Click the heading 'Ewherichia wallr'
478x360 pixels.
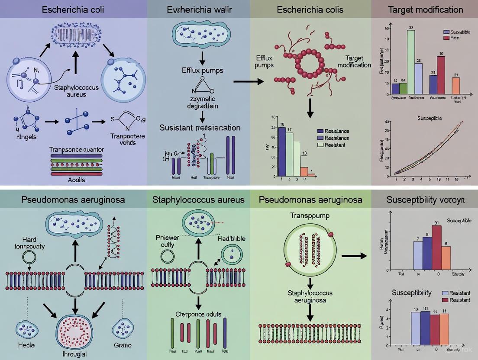click(x=199, y=10)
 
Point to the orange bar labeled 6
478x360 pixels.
click(x=446, y=258)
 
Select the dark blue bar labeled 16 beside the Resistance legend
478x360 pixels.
click(x=282, y=152)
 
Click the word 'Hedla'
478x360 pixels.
click(x=27, y=345)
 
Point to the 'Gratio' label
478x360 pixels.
click(x=123, y=345)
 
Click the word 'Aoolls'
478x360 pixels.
click(x=76, y=179)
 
